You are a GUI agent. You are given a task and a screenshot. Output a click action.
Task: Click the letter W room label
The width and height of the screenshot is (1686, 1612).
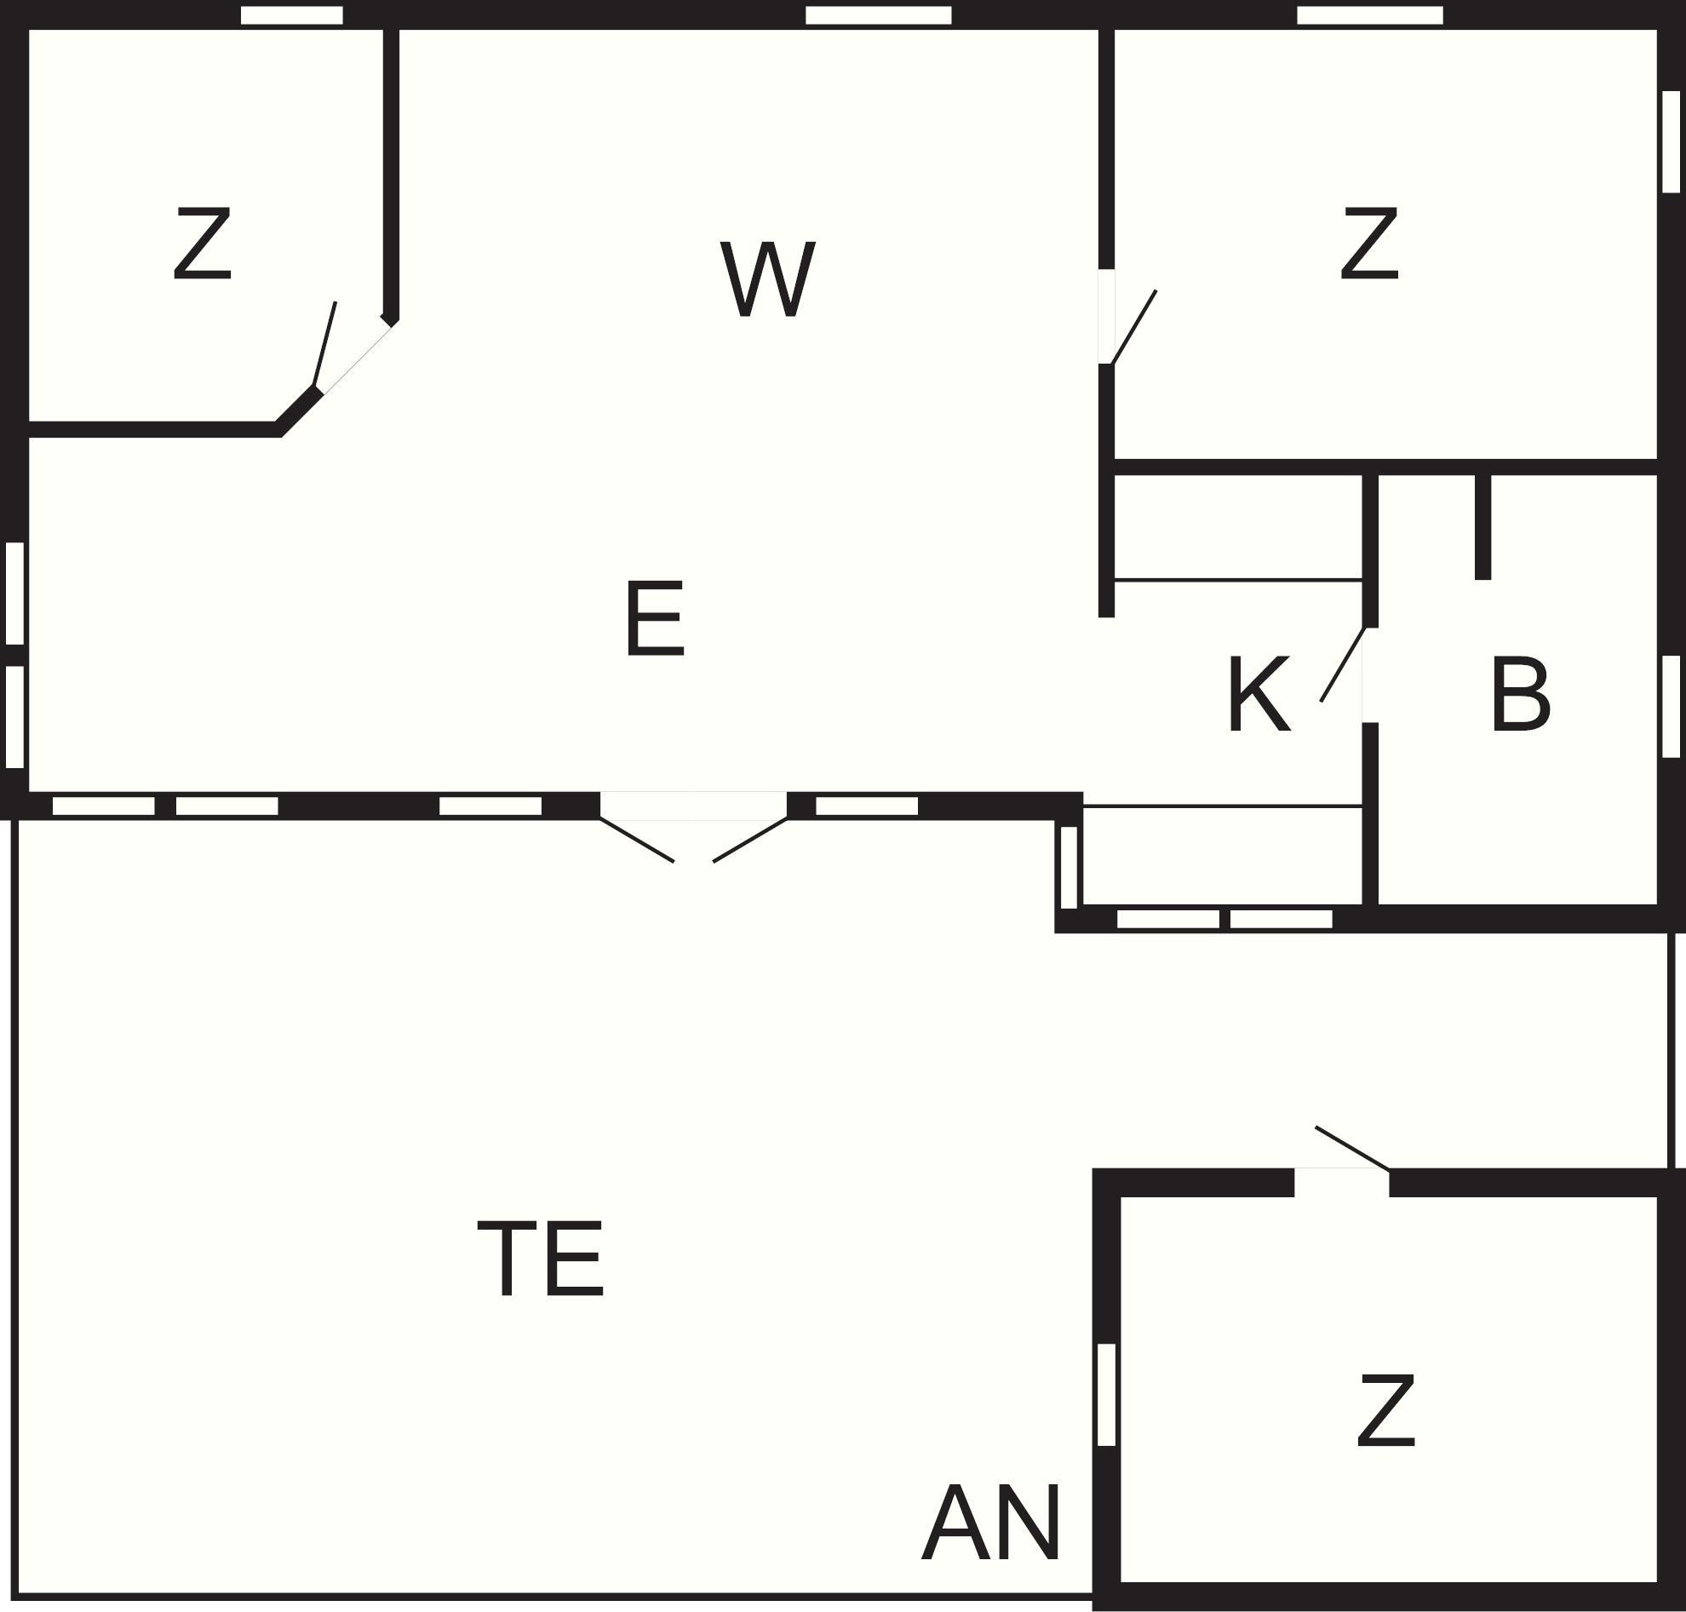pos(767,278)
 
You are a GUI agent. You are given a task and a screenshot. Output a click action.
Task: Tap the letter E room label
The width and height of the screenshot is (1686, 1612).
pos(655,618)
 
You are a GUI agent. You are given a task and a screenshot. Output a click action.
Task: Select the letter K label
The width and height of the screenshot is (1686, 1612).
pos(1259,694)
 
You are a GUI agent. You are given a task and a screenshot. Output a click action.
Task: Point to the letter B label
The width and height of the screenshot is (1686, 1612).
pos(1520,694)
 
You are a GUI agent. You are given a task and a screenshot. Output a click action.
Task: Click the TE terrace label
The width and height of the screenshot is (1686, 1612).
pos(541,1259)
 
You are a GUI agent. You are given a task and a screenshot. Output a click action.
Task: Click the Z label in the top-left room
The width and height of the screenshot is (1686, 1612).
pos(203,244)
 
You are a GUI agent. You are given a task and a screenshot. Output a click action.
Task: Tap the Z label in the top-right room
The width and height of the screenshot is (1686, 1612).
pos(1370,244)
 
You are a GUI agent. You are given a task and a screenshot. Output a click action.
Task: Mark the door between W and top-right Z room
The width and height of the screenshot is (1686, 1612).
pos(1133,327)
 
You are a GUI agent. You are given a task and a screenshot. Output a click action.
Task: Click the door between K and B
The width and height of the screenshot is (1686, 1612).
pos(1342,664)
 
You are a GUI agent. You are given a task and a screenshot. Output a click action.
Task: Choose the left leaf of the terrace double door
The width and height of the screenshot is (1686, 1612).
pos(637,840)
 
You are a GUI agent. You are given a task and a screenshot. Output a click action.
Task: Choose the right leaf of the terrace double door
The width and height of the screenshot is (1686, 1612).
pos(750,840)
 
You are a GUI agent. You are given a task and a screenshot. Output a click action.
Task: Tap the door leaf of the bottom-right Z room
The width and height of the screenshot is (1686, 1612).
pos(1352,1149)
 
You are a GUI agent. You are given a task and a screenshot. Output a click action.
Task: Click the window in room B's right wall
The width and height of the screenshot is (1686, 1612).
pos(1671,706)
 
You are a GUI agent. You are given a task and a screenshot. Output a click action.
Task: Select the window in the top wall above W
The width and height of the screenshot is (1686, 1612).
pos(878,15)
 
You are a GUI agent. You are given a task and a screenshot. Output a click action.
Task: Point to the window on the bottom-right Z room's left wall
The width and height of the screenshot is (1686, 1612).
pos(1107,1395)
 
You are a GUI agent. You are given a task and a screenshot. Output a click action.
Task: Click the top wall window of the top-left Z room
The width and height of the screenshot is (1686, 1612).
pos(291,15)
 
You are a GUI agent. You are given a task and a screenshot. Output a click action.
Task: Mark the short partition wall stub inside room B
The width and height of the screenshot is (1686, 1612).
pos(1482,527)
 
